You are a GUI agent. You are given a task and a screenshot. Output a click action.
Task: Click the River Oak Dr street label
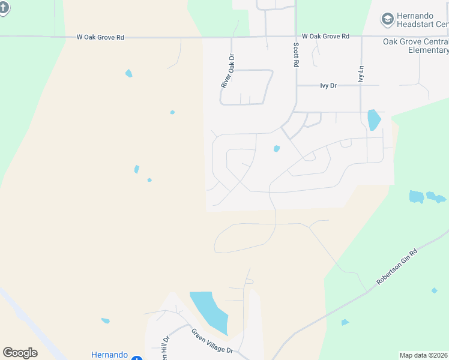pos(227,73)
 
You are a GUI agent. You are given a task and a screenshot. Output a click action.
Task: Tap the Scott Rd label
pos(296,54)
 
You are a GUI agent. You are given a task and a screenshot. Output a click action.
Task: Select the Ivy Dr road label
pos(329,86)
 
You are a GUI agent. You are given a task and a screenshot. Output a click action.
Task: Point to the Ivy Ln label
pos(361,74)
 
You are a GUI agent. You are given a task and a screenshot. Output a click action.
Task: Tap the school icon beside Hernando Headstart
pos(387,19)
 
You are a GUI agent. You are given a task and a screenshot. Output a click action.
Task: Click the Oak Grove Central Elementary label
pos(415,46)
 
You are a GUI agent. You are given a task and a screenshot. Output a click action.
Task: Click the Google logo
pos(20,353)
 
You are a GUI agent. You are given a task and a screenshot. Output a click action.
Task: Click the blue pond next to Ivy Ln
pos(373,119)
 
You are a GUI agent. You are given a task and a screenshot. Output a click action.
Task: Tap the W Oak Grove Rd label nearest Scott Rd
pos(325,37)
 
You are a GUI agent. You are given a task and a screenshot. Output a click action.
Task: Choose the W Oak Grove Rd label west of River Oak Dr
pos(100,37)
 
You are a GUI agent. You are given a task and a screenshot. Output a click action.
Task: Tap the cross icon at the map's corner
pos(3,7)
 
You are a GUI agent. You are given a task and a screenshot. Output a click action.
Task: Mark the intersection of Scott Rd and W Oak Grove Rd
pos(296,37)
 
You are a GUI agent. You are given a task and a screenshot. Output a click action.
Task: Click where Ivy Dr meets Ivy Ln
pos(361,86)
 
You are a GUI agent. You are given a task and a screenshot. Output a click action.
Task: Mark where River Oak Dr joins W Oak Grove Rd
pos(231,37)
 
